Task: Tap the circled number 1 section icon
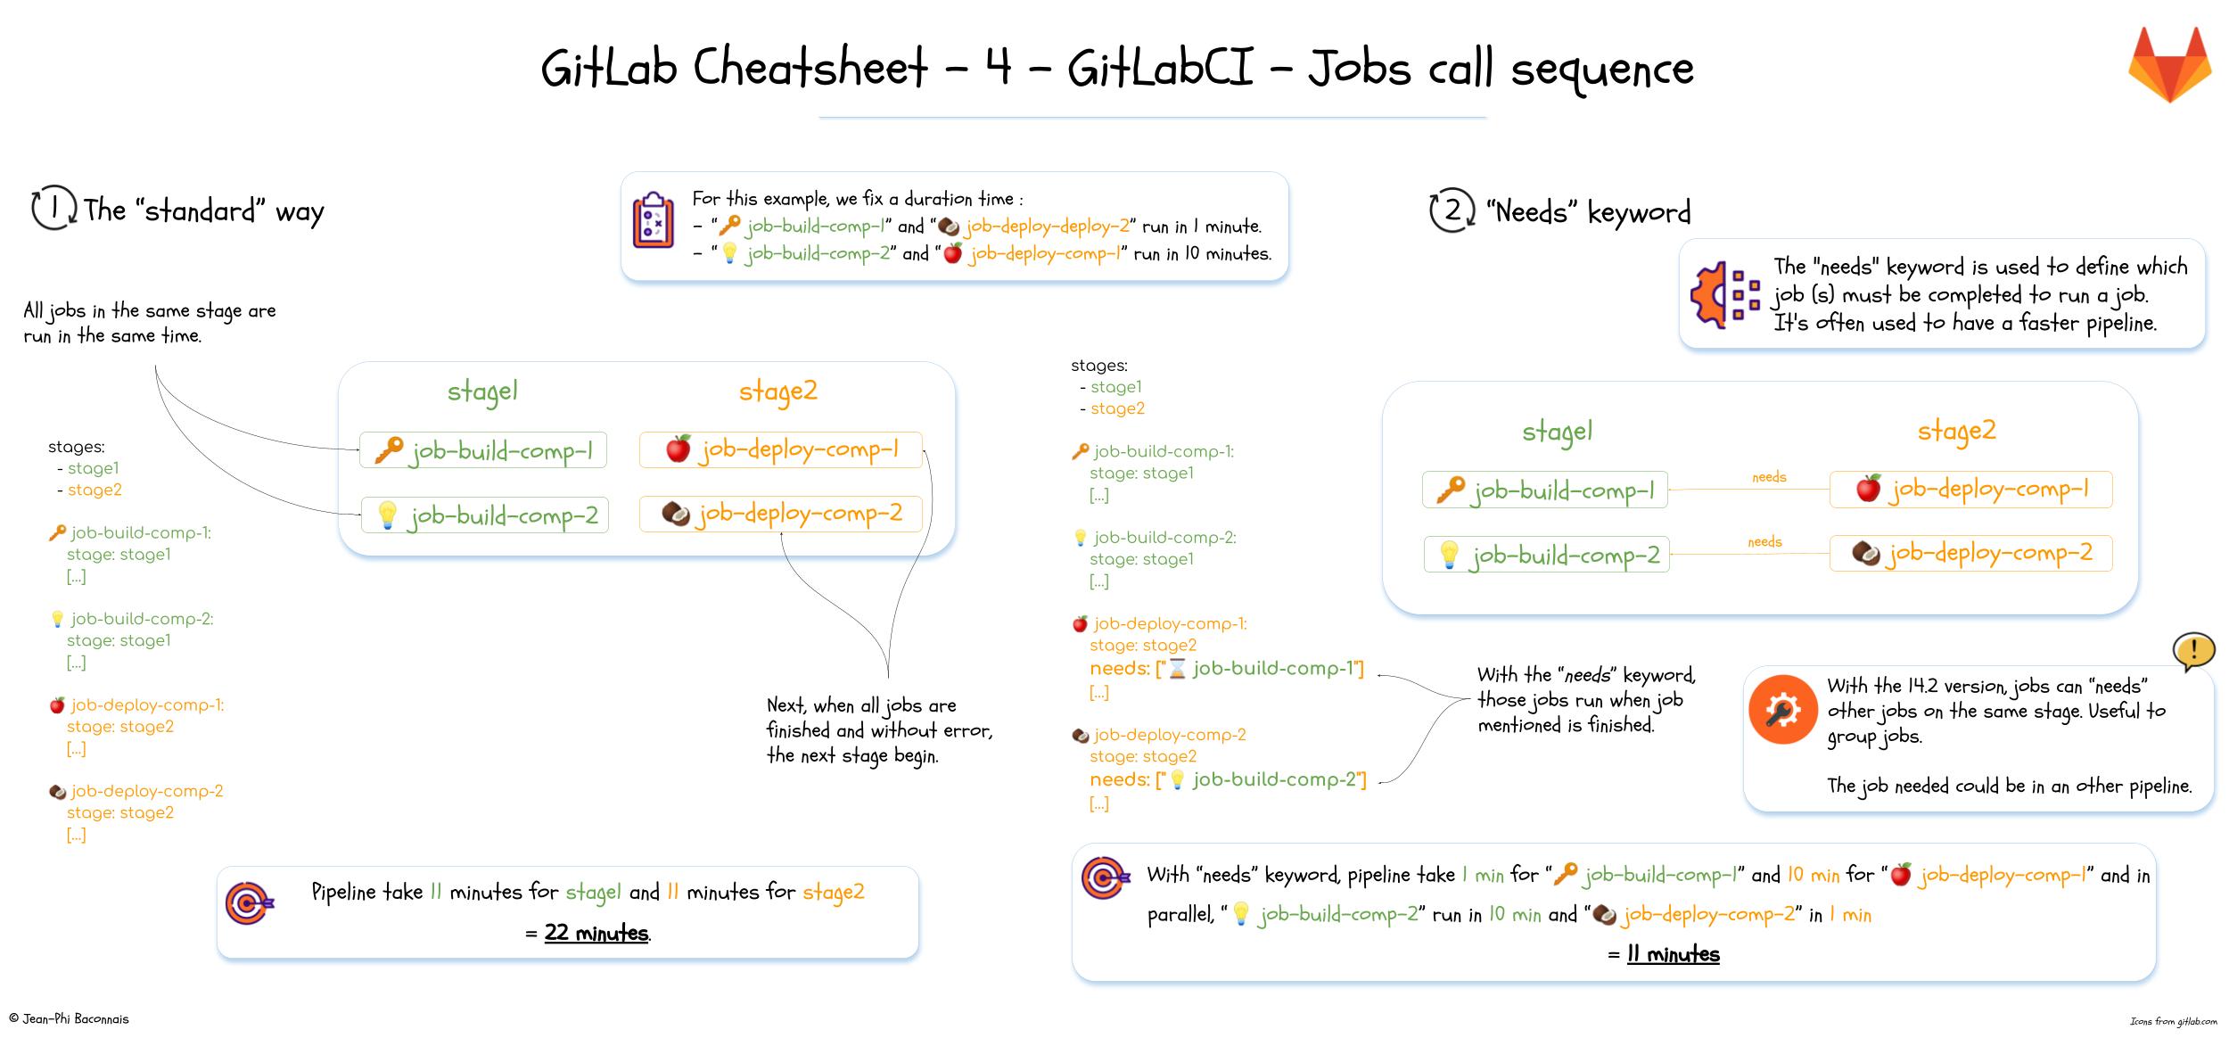[53, 209]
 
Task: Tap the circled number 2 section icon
[1452, 210]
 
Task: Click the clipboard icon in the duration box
[654, 219]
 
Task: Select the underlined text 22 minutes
[596, 933]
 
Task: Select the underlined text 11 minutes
[1673, 954]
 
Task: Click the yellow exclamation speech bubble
[2193, 651]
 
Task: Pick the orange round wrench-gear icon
[1782, 710]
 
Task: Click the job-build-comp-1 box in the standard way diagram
[483, 450]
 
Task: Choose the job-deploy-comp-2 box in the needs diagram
[1970, 553]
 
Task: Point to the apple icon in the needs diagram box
[1868, 489]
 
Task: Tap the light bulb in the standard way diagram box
[387, 515]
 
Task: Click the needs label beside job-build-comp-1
[1769, 477]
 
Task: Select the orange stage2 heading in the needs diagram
[1956, 431]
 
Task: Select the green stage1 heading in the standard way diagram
[482, 391]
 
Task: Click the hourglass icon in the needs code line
[1177, 669]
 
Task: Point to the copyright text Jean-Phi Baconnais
[69, 1018]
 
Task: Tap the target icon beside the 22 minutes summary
[250, 902]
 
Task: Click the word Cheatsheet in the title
[810, 67]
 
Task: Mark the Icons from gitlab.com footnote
[2173, 1021]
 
